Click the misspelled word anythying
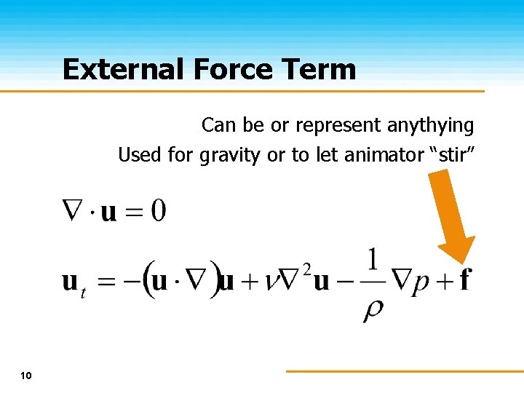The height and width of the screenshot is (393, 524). pyautogui.click(x=430, y=126)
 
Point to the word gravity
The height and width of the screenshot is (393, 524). pyautogui.click(x=229, y=156)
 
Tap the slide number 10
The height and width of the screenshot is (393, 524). pyautogui.click(x=26, y=376)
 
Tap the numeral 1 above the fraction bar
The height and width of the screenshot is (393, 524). pyautogui.click(x=373, y=259)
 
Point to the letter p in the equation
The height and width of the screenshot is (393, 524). pyautogui.click(x=421, y=282)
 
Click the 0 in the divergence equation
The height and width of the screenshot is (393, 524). pyautogui.click(x=157, y=211)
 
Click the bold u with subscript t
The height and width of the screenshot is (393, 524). pyautogui.click(x=71, y=282)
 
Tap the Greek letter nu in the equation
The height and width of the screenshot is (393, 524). pyautogui.click(x=272, y=282)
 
